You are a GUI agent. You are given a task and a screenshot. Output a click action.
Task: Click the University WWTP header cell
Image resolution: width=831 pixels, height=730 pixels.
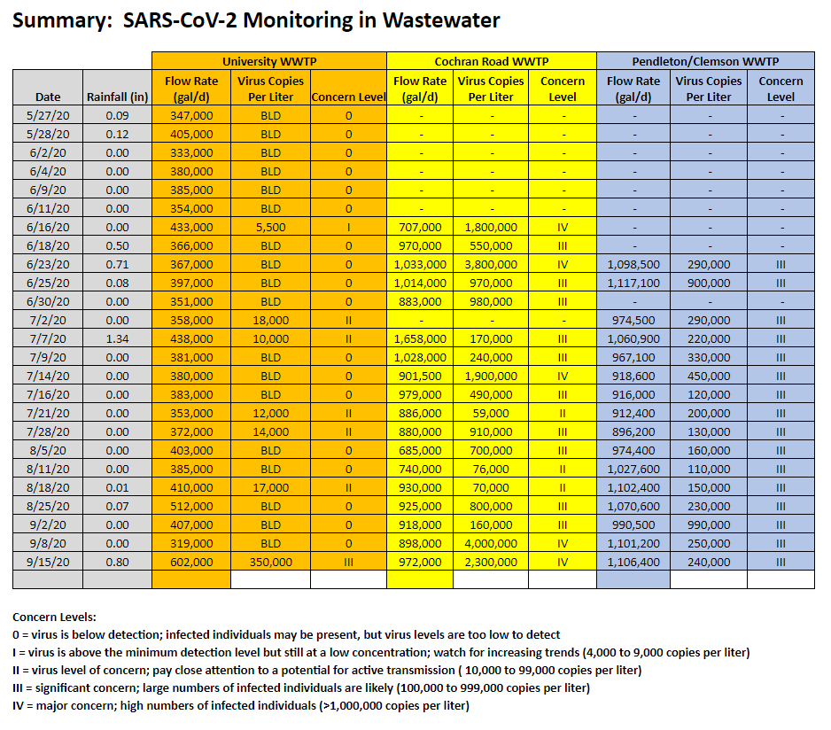point(268,61)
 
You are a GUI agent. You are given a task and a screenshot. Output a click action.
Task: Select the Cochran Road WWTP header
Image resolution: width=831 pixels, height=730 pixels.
point(491,61)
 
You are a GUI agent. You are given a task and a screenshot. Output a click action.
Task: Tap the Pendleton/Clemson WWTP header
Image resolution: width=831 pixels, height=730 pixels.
point(705,61)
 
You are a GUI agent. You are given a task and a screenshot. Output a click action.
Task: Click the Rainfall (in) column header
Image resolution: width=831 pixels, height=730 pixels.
point(117,97)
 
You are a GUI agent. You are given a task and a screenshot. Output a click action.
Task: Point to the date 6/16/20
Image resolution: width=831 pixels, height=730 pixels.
point(48,228)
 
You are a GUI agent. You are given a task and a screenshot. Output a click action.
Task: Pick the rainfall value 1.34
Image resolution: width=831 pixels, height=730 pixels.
point(117,339)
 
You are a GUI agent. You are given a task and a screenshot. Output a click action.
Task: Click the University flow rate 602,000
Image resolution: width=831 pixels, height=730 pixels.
point(191,563)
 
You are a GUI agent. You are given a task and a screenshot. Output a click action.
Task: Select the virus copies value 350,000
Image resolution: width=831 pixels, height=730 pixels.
point(270,563)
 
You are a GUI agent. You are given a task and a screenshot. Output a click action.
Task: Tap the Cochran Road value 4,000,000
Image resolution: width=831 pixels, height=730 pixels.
point(490,544)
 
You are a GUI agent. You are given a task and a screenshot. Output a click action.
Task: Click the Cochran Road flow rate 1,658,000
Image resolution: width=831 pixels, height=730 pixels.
point(420,339)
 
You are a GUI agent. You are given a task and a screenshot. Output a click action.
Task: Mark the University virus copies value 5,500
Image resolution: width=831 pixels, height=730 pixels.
point(270,228)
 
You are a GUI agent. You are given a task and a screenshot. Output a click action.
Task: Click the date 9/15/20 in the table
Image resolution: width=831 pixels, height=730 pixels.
point(48,563)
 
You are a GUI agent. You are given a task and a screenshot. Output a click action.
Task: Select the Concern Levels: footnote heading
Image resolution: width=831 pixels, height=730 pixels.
point(54,617)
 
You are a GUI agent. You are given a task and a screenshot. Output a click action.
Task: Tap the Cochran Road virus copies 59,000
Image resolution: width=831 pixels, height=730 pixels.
point(490,414)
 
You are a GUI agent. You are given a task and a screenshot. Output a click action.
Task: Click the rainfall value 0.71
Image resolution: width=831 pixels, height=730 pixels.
point(117,265)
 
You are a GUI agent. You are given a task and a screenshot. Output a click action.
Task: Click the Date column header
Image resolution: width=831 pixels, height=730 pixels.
point(48,97)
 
